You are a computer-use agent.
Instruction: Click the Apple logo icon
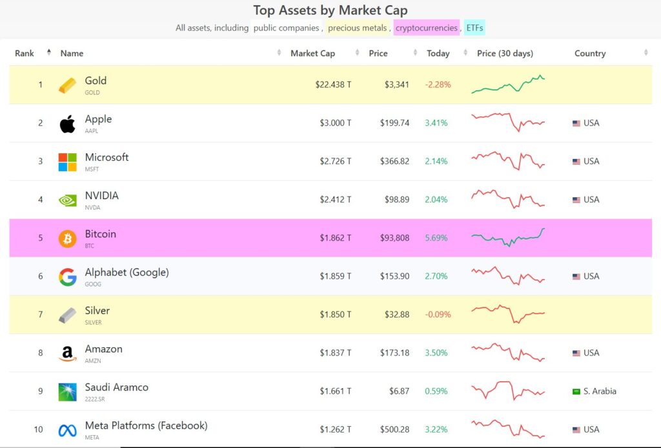coord(68,123)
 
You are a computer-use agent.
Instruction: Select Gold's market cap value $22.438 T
coord(333,85)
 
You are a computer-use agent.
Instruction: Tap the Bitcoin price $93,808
coord(395,238)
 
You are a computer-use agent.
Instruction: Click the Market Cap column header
coord(312,54)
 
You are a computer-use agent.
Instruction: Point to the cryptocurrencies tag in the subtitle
coord(426,28)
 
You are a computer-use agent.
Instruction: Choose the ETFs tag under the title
coord(474,28)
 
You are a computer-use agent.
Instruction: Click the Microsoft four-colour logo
coord(68,162)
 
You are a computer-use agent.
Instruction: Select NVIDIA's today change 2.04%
coord(436,200)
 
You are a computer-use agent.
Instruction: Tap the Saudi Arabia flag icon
coord(576,391)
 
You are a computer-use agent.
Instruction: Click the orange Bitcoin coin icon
coord(68,239)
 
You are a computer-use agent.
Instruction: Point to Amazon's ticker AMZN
coord(92,361)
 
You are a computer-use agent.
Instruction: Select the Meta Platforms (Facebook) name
coord(146,426)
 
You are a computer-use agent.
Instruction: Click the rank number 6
coord(40,277)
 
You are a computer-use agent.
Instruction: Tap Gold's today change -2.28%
coord(438,85)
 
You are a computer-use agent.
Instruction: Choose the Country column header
coord(590,54)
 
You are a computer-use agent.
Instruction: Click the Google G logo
coord(68,277)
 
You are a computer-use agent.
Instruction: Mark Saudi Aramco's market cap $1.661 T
coord(336,391)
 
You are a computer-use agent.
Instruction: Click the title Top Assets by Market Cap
coord(330,10)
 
